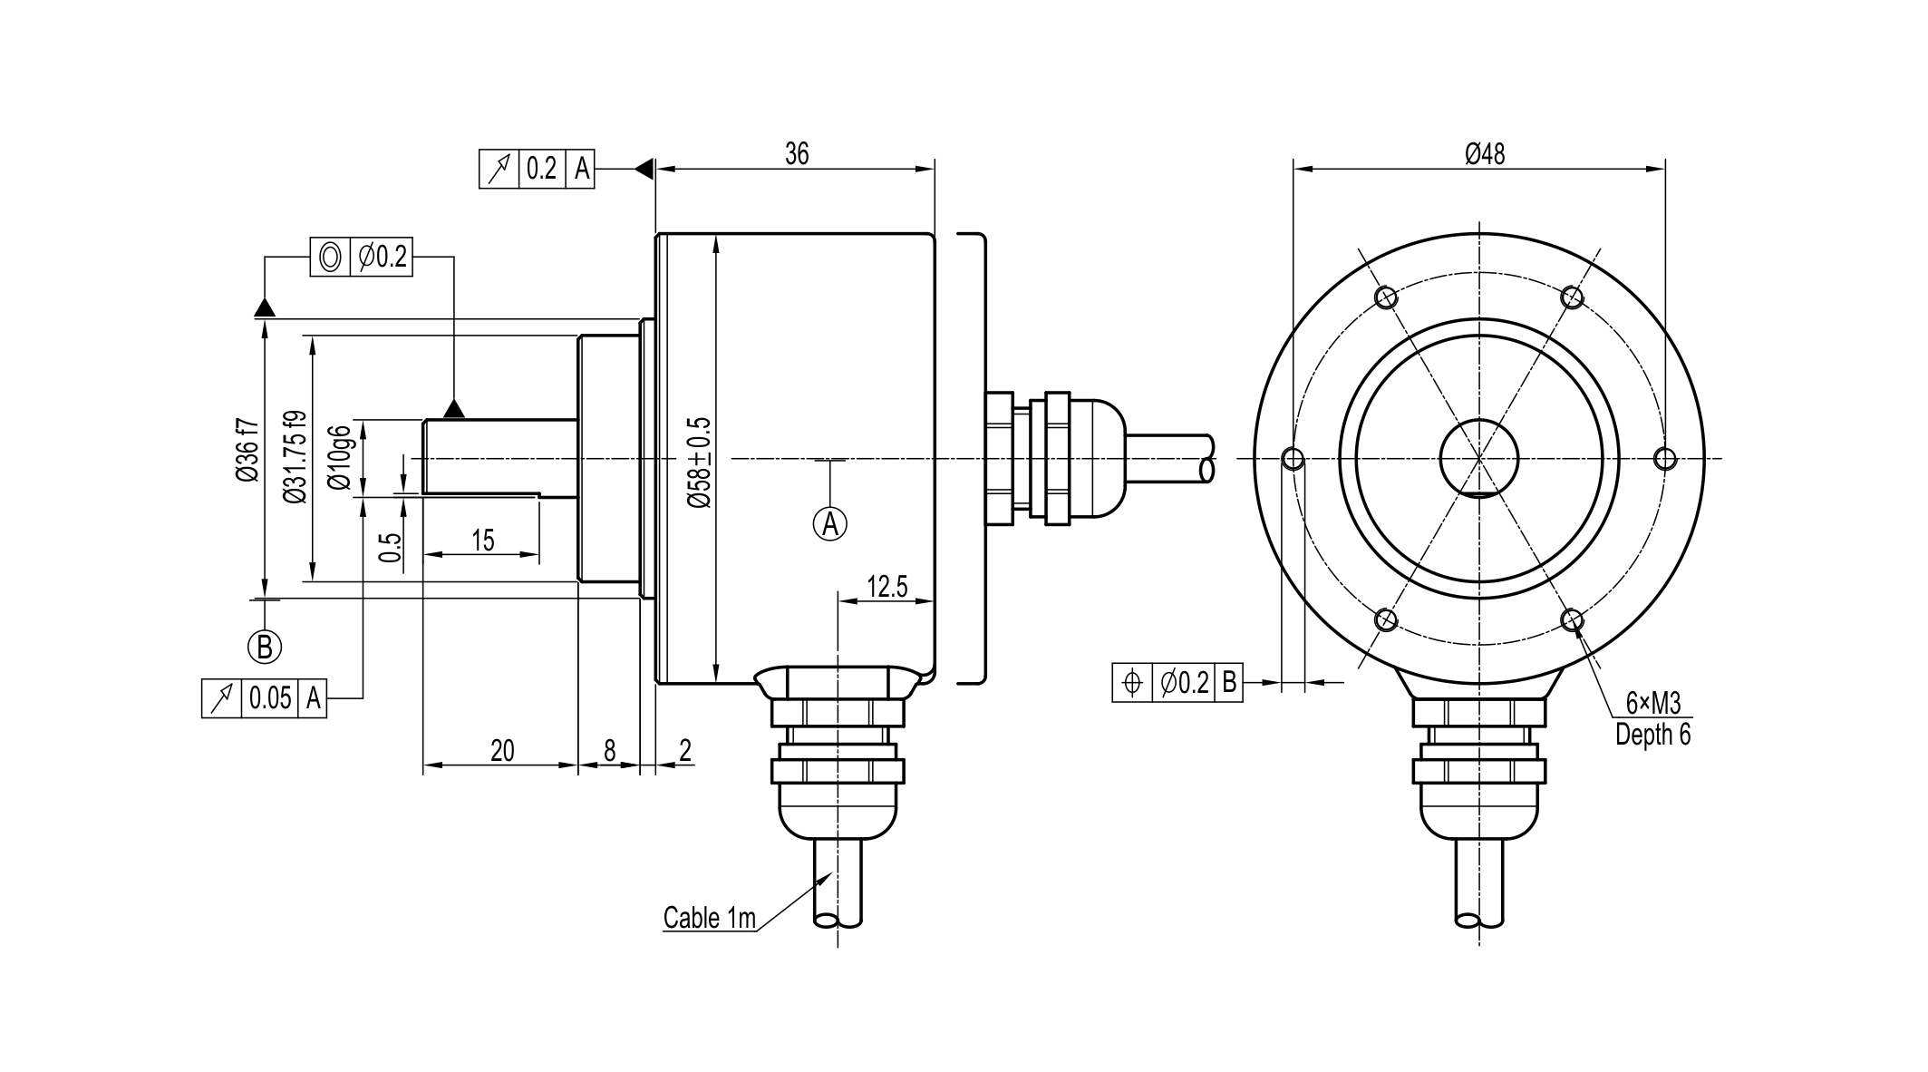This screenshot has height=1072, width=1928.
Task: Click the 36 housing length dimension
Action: click(x=796, y=154)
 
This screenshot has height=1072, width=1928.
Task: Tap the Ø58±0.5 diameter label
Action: click(x=700, y=463)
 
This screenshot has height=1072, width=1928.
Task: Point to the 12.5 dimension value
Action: click(x=886, y=587)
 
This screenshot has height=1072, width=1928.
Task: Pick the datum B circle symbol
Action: click(x=265, y=647)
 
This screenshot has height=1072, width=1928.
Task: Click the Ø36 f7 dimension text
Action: click(x=247, y=450)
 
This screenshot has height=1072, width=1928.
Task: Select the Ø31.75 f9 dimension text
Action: click(x=294, y=457)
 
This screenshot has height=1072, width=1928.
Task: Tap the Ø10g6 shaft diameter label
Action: click(x=340, y=457)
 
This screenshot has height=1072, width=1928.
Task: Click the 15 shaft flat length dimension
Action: click(x=483, y=541)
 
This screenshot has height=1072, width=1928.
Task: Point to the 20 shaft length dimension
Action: click(x=502, y=751)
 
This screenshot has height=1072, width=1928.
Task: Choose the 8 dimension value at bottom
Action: click(x=609, y=751)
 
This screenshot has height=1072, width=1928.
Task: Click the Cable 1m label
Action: click(x=709, y=918)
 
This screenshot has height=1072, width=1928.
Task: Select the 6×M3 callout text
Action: click(x=1653, y=703)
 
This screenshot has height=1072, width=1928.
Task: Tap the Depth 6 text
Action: click(x=1653, y=735)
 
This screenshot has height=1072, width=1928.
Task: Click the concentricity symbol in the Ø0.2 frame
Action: click(x=331, y=258)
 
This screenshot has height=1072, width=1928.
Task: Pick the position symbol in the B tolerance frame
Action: click(x=1132, y=682)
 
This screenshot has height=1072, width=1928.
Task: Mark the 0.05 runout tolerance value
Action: click(x=270, y=698)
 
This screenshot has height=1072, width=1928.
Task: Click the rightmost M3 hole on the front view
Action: click(x=1665, y=459)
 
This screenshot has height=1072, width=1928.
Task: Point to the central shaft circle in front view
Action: click(x=1479, y=459)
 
